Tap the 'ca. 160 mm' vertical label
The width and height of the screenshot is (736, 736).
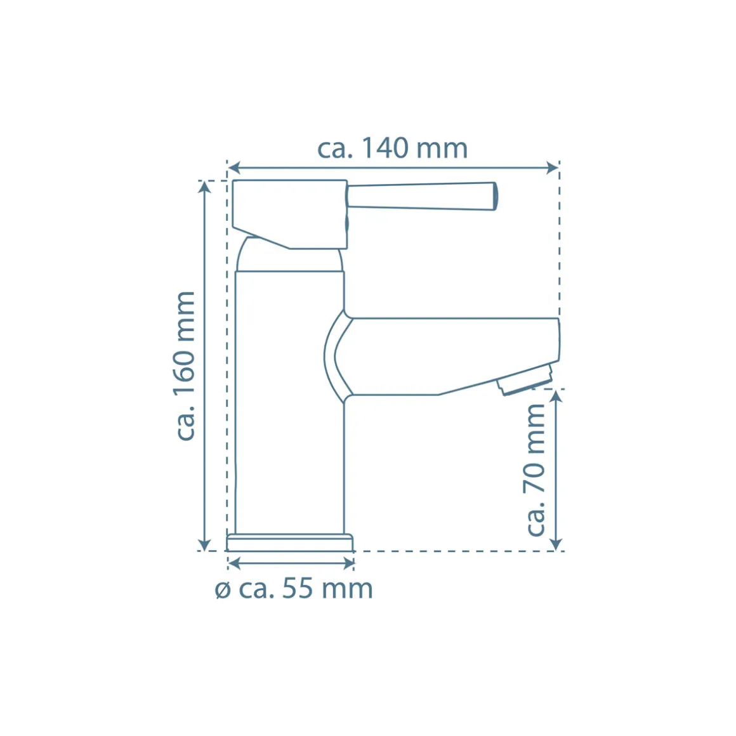pyautogui.click(x=185, y=365)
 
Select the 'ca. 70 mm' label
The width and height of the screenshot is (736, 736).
pyautogui.click(x=535, y=470)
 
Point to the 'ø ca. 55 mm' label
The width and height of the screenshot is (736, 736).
pyautogui.click(x=294, y=589)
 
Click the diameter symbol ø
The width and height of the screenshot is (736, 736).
pyautogui.click(x=223, y=590)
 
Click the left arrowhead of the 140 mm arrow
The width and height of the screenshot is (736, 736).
pyautogui.click(x=233, y=168)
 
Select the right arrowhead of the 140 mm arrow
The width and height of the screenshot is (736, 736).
pyautogui.click(x=553, y=168)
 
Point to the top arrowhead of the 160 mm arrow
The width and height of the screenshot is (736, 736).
pyautogui.click(x=204, y=187)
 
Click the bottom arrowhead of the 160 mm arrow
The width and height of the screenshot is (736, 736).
pyautogui.click(x=204, y=544)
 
